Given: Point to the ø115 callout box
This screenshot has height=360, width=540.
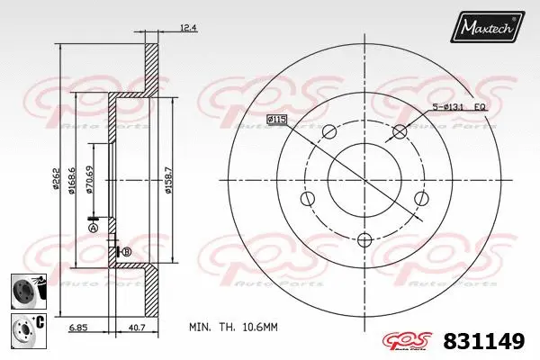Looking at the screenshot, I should pyautogui.click(x=276, y=119).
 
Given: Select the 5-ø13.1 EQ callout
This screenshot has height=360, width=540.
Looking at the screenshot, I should pyautogui.click(x=461, y=108).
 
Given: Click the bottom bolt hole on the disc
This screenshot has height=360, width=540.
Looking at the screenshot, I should pyautogui.click(x=364, y=239).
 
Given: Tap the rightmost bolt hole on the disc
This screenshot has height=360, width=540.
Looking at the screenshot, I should pyautogui.click(x=419, y=199).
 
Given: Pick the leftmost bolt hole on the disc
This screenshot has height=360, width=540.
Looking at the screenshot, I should pyautogui.click(x=308, y=199).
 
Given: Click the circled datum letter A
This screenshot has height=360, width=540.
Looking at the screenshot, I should pyautogui.click(x=93, y=229).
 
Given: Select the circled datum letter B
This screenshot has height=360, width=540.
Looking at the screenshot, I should pyautogui.click(x=126, y=251).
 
